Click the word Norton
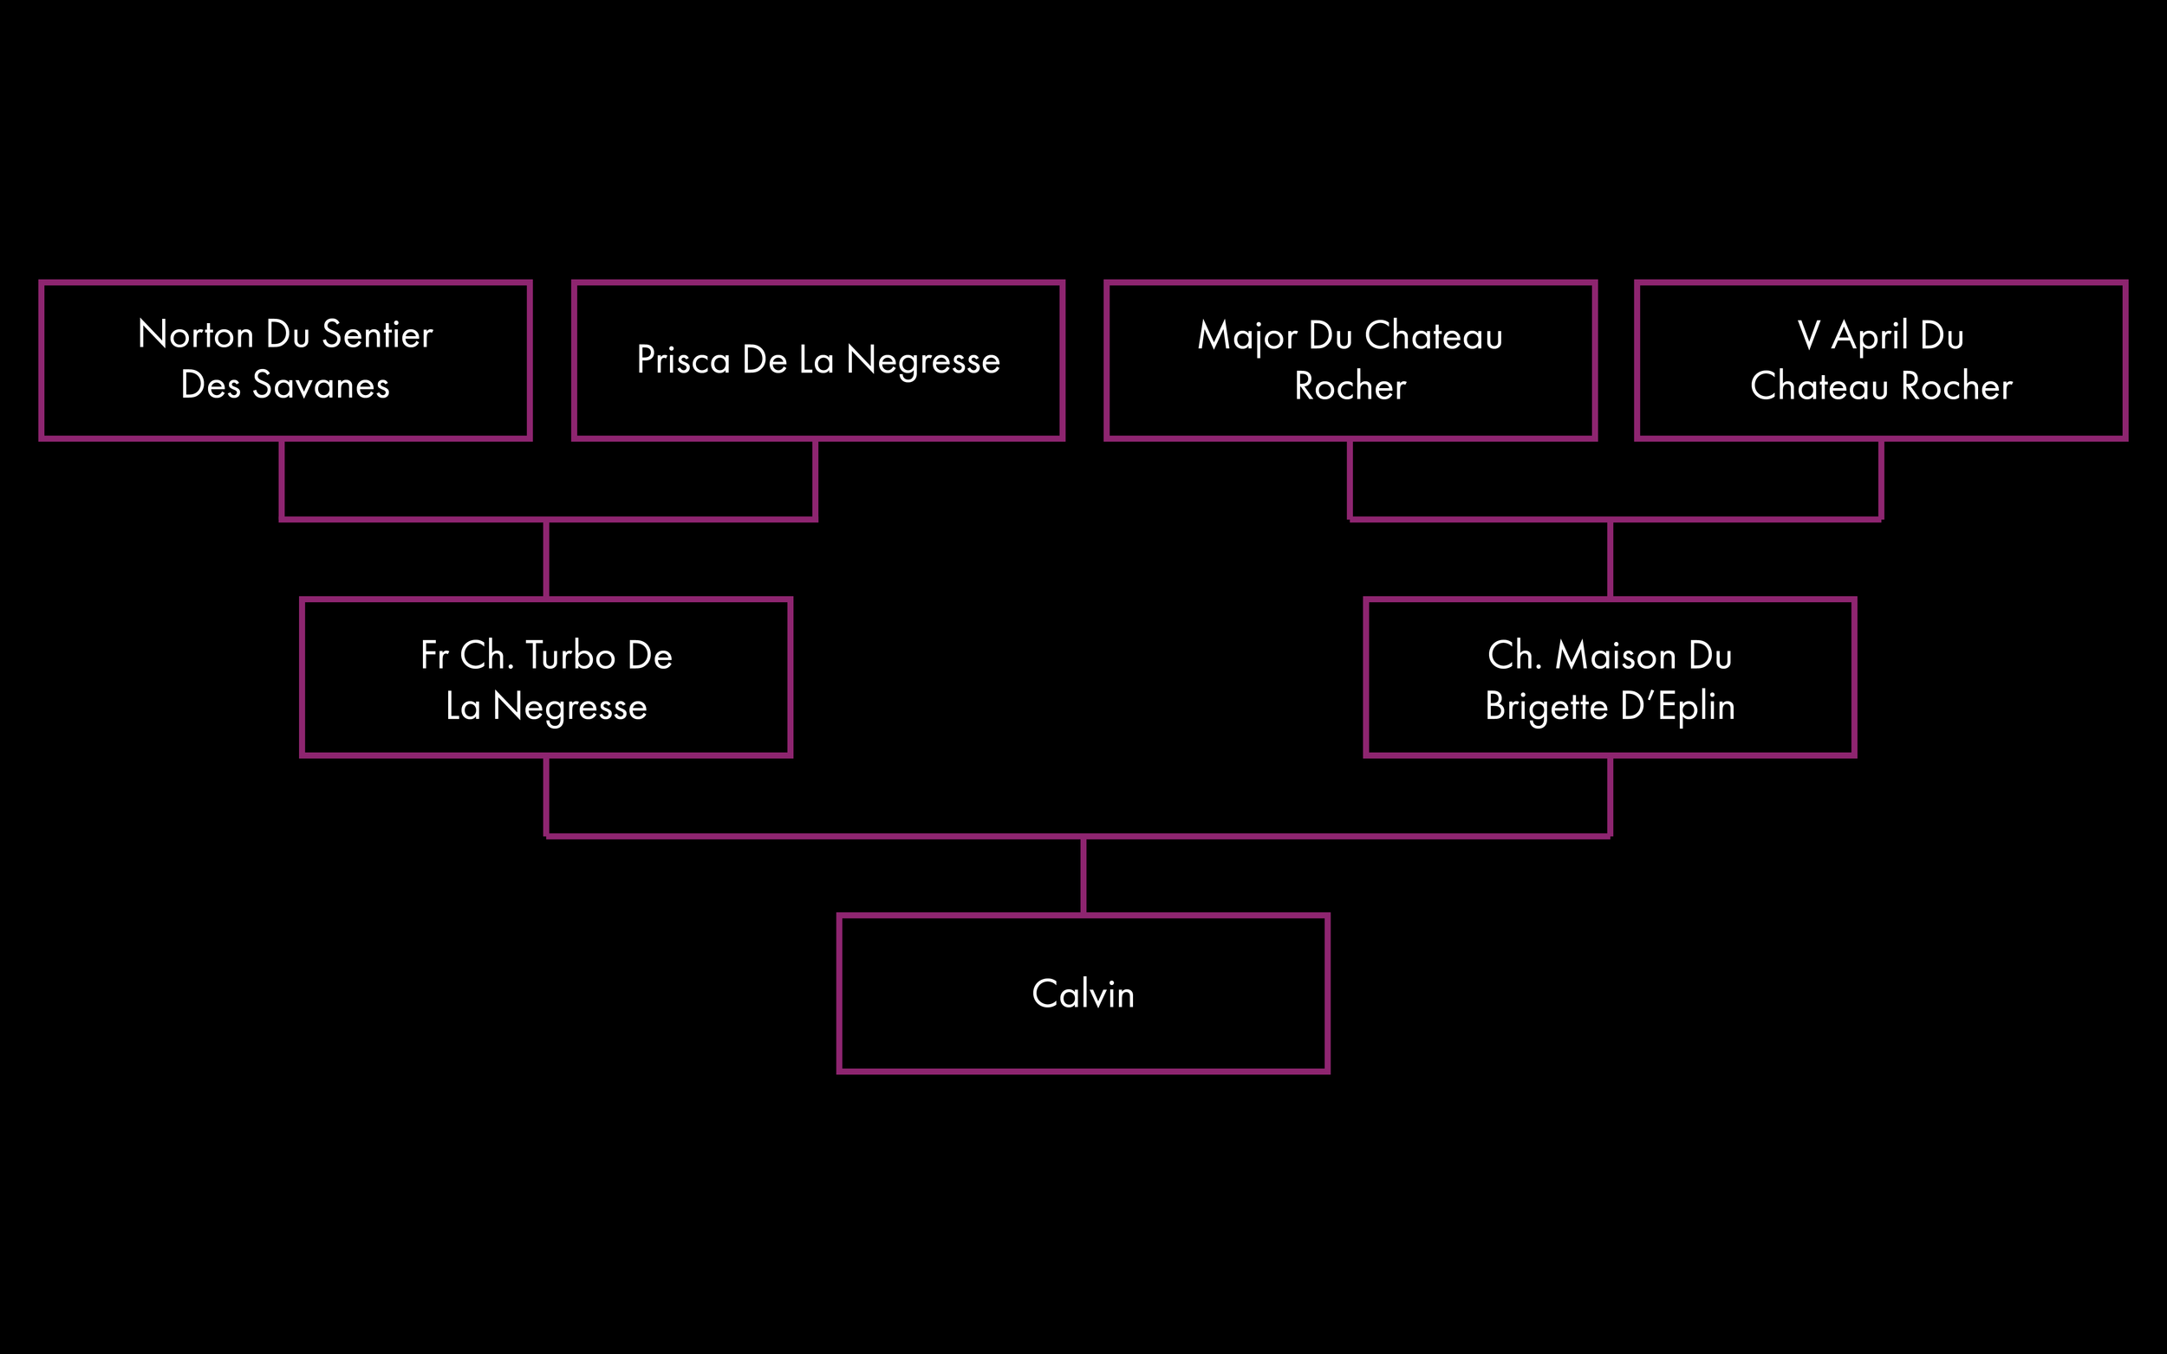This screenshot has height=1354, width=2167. click(195, 335)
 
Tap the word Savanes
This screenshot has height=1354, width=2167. click(321, 386)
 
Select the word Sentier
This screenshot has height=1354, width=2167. click(377, 335)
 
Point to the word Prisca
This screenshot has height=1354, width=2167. click(683, 361)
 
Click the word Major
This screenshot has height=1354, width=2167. click(1246, 337)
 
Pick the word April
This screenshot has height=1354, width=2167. click(1869, 337)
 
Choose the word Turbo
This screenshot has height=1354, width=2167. click(569, 657)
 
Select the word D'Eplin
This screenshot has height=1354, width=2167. click(1677, 708)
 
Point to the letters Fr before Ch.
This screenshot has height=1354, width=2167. click(433, 657)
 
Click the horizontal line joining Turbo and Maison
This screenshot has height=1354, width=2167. click(806, 837)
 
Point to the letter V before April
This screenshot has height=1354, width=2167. click(1808, 337)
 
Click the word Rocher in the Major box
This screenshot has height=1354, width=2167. click(1350, 387)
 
